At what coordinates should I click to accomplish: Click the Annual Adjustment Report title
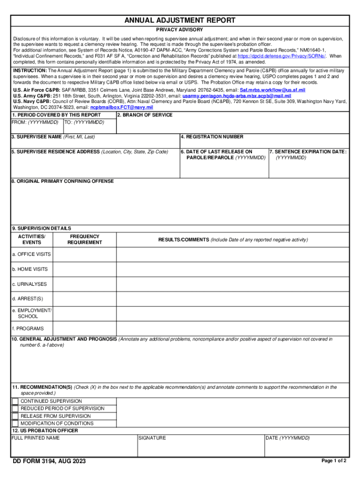pos(180,21)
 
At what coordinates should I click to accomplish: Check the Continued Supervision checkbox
pos(15,401)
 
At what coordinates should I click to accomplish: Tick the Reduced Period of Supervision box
pos(15,409)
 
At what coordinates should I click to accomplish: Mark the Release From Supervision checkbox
pos(15,416)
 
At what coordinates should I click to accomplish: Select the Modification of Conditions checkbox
pos(15,423)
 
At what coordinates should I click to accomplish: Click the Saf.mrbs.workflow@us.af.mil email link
pos(273,89)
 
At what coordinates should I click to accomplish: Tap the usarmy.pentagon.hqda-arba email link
pos(233,95)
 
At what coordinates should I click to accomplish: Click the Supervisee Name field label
pos(53,137)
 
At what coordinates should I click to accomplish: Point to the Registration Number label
pos(212,137)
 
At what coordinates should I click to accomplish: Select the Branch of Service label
pos(144,115)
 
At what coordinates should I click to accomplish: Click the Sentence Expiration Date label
pos(308,152)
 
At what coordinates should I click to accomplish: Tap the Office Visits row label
pos(31,254)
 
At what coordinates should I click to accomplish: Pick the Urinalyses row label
pos(29,284)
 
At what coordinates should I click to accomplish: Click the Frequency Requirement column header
pos(85,239)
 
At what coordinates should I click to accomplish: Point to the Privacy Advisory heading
pos(180,30)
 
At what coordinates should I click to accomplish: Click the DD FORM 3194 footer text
pos(49,462)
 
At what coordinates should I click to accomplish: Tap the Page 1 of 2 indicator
pos(334,461)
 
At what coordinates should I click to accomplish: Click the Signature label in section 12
pos(152,438)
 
